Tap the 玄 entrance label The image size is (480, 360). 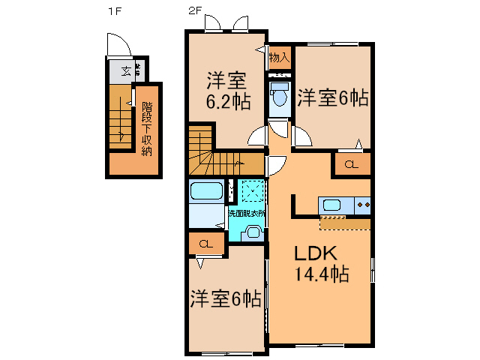125,72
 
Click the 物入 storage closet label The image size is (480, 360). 279,57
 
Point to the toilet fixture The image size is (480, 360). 279,96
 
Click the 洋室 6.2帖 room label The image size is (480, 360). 226,89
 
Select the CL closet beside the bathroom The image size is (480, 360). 205,244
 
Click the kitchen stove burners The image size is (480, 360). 363,204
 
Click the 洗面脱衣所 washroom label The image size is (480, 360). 247,214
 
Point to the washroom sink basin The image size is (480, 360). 253,232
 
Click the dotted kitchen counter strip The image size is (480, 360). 345,223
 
